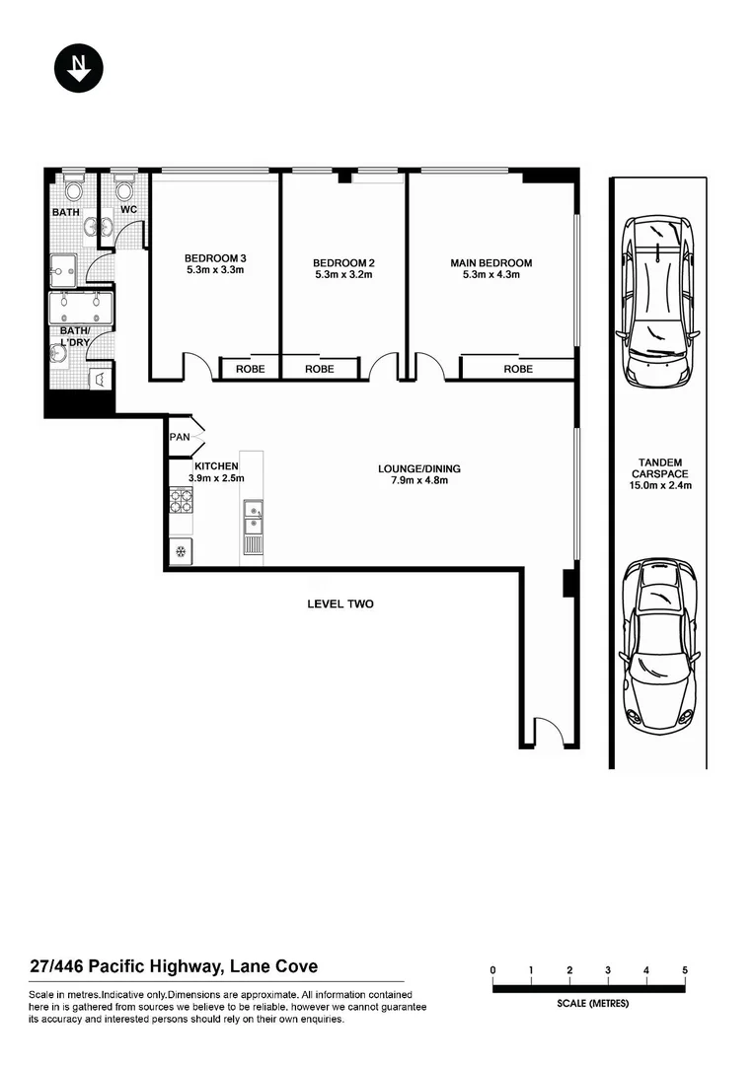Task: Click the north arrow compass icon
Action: click(78, 68)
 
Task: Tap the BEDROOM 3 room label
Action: click(215, 263)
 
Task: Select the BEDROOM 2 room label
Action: click(343, 268)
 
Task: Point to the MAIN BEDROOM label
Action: click(490, 268)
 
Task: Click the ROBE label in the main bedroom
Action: click(518, 369)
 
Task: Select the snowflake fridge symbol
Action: click(181, 550)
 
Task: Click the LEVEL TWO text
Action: click(340, 603)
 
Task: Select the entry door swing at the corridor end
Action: click(547, 731)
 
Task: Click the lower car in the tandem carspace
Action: click(656, 643)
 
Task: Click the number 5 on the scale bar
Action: click(685, 971)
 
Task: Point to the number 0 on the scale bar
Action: click(492, 971)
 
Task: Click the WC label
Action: click(128, 210)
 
